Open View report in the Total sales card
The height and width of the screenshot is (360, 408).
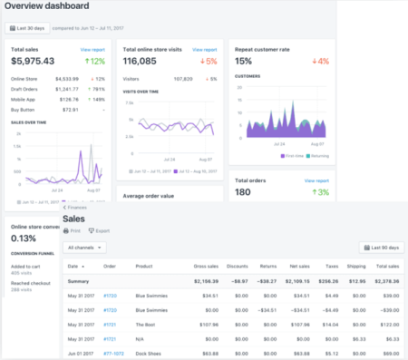coord(92,49)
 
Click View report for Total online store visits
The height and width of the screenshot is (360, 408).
coord(204,49)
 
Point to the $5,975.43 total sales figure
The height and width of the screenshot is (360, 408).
coord(33,62)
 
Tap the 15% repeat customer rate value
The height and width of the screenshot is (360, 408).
coord(244,62)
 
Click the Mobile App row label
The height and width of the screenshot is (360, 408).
coord(24,101)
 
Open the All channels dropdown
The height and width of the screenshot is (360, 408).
coord(87,247)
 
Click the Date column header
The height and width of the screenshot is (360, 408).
coord(74,267)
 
